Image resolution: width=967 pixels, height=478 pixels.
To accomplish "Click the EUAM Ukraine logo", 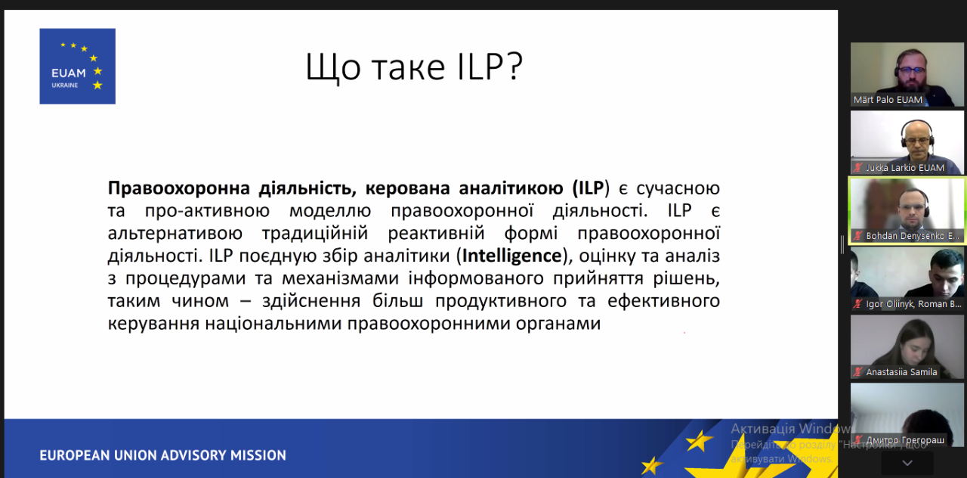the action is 77,66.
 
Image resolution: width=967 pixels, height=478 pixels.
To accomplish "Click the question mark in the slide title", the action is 515,66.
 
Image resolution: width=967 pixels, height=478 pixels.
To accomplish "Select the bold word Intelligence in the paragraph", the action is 512,256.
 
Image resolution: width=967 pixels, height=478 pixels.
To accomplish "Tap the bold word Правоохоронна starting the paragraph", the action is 179,188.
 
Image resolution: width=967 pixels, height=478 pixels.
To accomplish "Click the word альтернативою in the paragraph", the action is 175,234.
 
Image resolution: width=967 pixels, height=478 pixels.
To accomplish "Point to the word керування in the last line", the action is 153,323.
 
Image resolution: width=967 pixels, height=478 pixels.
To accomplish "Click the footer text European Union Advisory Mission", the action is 162,455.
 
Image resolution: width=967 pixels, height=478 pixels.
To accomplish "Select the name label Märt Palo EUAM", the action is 888,100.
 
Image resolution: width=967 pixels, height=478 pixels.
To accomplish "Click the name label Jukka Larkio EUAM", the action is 905,168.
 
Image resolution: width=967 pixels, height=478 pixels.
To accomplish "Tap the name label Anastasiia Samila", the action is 901,372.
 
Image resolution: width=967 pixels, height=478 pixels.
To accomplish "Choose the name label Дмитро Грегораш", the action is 905,440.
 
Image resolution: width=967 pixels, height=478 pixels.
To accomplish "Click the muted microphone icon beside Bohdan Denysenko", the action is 857,236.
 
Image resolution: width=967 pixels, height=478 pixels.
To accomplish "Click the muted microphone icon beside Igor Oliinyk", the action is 857,304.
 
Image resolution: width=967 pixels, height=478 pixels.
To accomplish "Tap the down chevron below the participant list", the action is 907,463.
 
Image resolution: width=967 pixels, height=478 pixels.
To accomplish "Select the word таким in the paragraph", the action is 134,301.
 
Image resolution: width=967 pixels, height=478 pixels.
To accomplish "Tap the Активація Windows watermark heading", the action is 790,429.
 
